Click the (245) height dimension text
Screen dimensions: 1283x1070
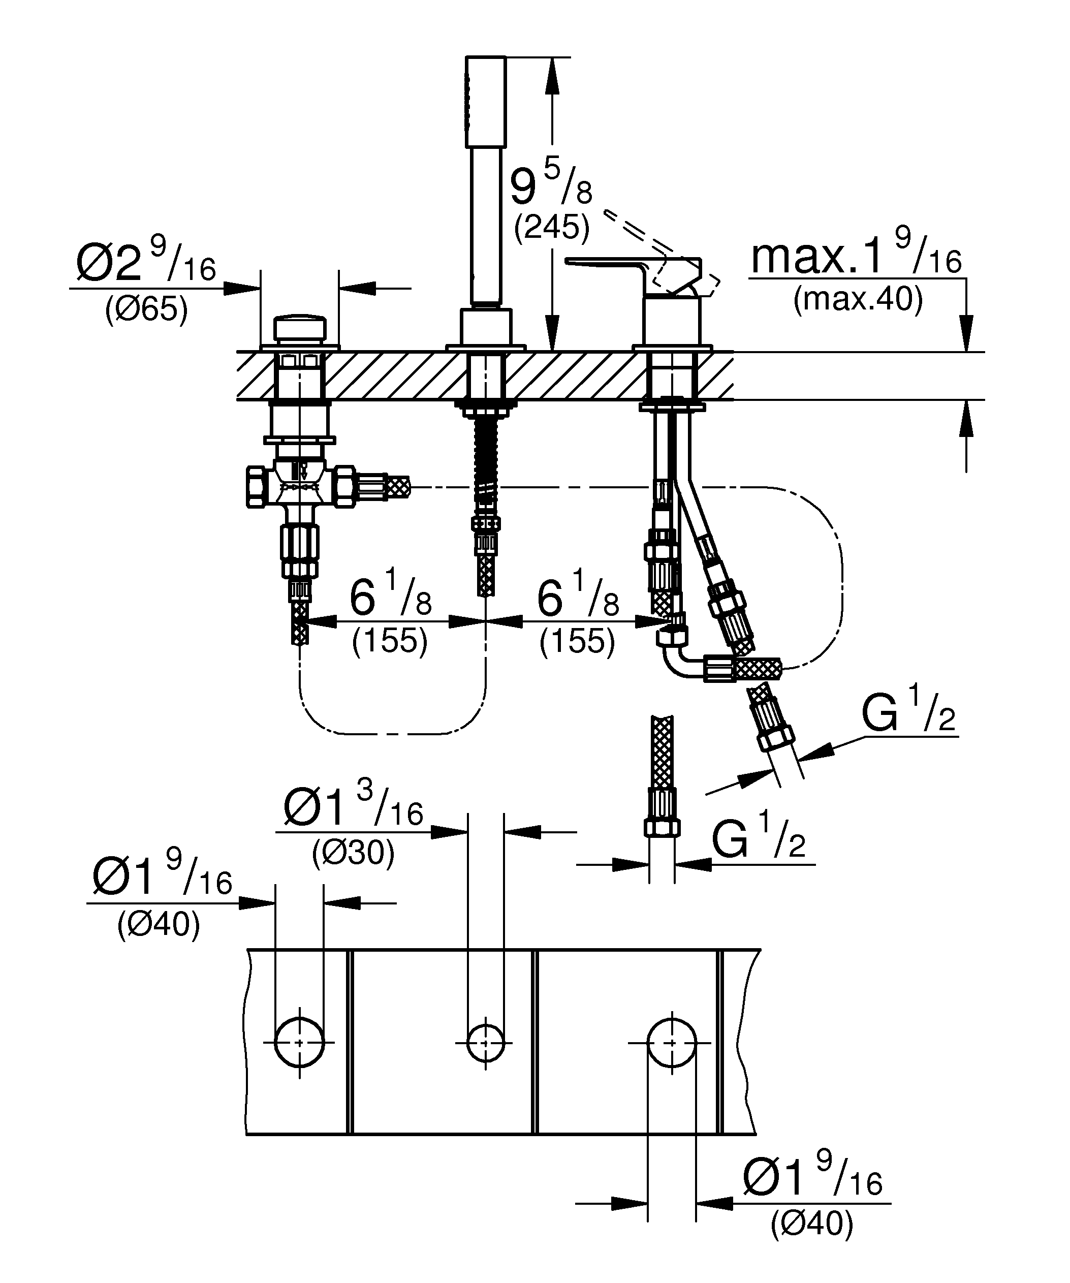click(x=551, y=228)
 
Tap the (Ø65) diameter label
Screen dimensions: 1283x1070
click(x=146, y=310)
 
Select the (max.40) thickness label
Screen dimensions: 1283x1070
click(x=858, y=300)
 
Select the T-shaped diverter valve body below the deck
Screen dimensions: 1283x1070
click(x=299, y=486)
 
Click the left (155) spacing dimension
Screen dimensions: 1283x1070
click(x=390, y=641)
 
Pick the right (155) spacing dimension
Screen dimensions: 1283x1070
click(x=577, y=641)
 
